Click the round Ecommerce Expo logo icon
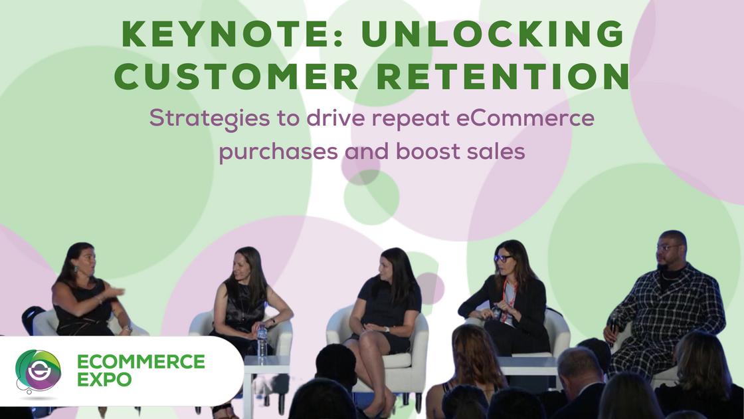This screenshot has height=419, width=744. tap(39, 371)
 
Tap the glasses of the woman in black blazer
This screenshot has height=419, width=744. tap(503, 258)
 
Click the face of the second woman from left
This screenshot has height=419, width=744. tap(241, 265)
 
